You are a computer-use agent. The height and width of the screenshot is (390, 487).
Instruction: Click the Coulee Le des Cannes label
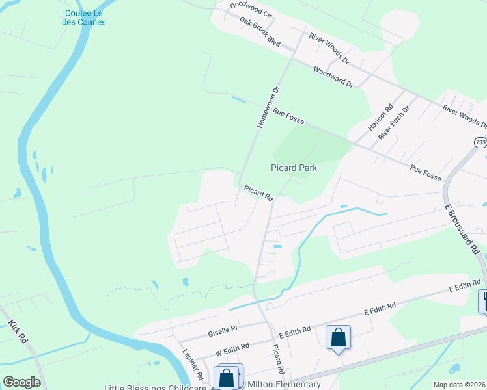point(85,18)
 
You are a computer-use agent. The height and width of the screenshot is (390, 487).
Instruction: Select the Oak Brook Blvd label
point(259,31)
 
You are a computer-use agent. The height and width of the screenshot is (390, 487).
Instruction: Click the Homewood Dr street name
point(268,107)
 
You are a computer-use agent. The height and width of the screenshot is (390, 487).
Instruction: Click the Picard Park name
point(294,168)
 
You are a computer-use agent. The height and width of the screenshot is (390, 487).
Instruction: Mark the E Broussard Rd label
point(462,230)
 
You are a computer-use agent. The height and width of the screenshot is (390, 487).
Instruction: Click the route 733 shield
point(480,142)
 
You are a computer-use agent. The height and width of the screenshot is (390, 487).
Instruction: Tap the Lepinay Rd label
point(193,368)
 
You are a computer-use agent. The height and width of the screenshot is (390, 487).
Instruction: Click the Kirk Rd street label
point(18,331)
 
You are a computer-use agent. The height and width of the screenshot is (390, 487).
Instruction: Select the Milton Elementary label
point(285,384)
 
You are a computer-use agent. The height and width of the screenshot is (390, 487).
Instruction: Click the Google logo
point(21,382)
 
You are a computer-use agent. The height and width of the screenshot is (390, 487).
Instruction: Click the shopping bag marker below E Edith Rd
point(338,338)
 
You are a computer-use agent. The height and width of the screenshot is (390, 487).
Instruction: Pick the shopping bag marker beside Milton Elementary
point(227,378)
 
